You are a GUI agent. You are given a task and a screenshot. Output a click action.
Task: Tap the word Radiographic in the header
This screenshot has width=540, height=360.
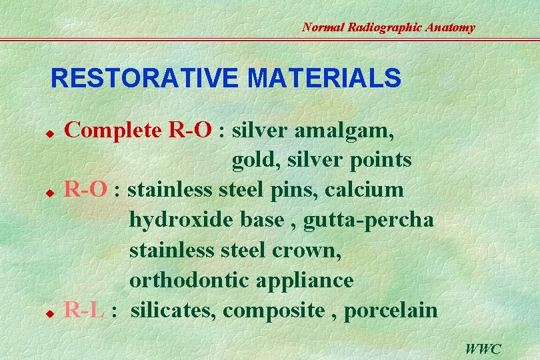click(387, 27)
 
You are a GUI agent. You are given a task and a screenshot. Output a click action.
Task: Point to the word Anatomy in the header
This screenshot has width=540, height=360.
click(450, 27)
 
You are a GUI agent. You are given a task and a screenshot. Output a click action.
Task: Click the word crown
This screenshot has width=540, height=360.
click(307, 250)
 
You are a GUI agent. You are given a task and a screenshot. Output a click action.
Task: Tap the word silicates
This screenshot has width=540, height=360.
click(173, 310)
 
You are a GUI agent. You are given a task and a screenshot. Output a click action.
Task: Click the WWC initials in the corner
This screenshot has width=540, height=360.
click(483, 349)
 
